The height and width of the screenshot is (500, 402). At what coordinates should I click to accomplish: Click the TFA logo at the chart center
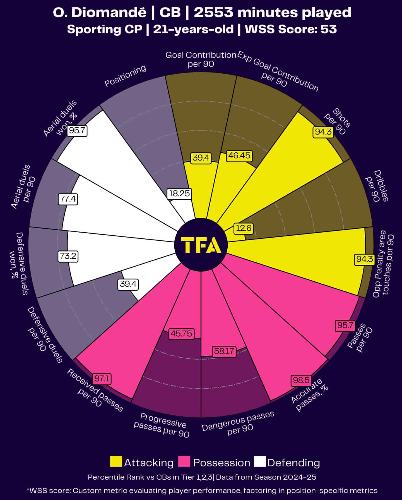click(x=201, y=245)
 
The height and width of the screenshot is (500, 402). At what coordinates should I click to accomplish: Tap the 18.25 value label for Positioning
click(x=179, y=193)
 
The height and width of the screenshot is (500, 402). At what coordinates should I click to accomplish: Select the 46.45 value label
click(x=239, y=155)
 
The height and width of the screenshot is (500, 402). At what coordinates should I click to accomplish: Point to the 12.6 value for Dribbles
click(x=244, y=228)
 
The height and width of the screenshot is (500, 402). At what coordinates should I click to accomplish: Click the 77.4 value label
click(x=68, y=199)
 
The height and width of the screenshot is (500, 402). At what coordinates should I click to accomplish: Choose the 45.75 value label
click(x=181, y=334)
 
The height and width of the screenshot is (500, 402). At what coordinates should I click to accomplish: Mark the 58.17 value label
click(x=224, y=351)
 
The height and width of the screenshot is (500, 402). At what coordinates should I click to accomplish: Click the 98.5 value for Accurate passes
click(x=301, y=380)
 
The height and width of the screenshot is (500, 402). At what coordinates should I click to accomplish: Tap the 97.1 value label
click(x=102, y=379)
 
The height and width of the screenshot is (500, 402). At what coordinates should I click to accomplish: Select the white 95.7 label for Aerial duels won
click(x=77, y=130)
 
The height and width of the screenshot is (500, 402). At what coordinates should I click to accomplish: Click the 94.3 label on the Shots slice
click(x=323, y=131)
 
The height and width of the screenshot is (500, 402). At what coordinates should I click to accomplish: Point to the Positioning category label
click(x=125, y=76)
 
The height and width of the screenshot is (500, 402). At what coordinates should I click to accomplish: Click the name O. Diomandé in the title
click(x=99, y=13)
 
